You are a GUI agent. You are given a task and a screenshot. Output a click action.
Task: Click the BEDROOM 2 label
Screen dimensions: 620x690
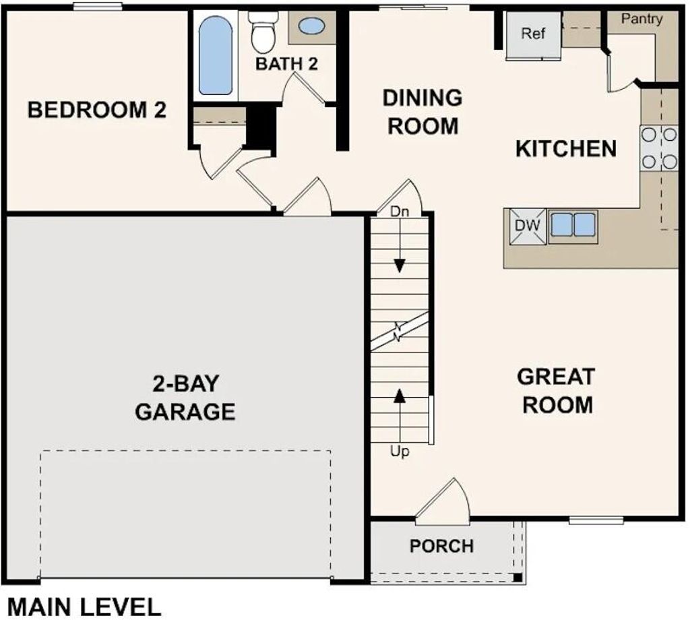(96, 110)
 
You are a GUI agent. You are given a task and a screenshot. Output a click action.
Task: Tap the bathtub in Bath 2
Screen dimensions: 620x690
(216, 55)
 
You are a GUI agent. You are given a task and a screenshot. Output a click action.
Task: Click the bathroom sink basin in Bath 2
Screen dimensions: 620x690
(311, 27)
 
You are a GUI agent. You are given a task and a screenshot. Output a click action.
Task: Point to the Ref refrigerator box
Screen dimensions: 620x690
(533, 34)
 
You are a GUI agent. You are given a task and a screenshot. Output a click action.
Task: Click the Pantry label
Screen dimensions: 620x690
(641, 19)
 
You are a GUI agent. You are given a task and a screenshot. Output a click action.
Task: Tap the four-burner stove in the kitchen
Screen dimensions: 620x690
(658, 148)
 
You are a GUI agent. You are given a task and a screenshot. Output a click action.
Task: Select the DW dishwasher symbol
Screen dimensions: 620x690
(528, 226)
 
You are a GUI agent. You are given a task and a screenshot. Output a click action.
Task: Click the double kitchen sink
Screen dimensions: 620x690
(573, 224)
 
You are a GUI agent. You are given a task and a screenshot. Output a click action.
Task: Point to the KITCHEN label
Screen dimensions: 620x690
(565, 149)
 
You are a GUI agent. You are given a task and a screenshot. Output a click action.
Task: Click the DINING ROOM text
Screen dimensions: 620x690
(422, 112)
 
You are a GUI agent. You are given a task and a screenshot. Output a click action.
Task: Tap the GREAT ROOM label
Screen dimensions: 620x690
(556, 391)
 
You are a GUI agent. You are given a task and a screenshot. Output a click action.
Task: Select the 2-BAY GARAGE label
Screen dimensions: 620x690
(185, 398)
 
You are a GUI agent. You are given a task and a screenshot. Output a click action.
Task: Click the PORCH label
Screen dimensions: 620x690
(441, 546)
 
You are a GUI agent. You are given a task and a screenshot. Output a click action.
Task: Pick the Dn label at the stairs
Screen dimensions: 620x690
(400, 211)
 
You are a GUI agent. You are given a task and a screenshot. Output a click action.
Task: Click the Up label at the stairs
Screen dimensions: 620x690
(400, 452)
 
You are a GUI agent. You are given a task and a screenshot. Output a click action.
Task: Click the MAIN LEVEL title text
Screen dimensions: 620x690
(84, 607)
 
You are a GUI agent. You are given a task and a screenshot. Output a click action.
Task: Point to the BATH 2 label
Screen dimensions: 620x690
(286, 65)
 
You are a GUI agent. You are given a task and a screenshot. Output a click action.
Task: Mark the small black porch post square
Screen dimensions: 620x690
(516, 578)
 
